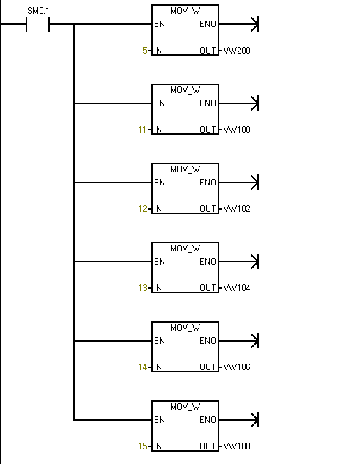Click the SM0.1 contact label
click(38, 11)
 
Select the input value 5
click(144, 51)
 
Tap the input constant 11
click(142, 130)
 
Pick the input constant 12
click(142, 209)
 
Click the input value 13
click(142, 288)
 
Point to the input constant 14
click(142, 367)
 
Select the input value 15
click(142, 446)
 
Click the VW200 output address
click(237, 51)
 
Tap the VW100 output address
click(237, 130)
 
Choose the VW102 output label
click(237, 209)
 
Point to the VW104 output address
click(237, 288)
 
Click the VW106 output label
click(237, 367)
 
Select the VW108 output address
click(237, 446)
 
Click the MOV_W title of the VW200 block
click(185, 11)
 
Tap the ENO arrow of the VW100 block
click(239, 103)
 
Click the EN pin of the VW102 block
click(159, 183)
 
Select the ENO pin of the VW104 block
click(207, 262)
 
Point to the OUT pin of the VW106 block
click(207, 367)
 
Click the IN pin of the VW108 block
click(158, 446)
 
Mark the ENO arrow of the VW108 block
click(239, 420)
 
